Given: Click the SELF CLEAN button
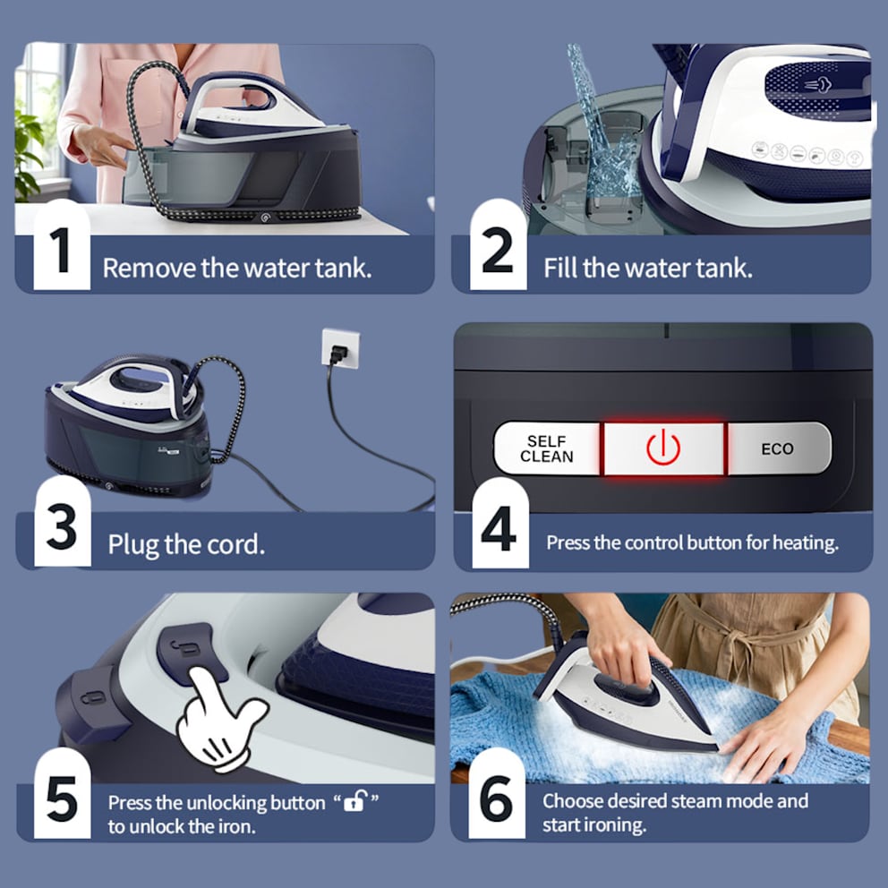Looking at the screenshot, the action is [547, 448].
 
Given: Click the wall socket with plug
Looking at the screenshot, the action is [340, 348].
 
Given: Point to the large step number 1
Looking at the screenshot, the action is [60, 250].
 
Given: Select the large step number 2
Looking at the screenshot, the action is [498, 250].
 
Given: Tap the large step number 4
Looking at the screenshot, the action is [499, 528].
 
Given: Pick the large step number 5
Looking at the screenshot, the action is [62, 798].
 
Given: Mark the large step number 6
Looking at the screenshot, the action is [497, 798].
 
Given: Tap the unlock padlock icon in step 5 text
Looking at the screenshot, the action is [355, 801].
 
